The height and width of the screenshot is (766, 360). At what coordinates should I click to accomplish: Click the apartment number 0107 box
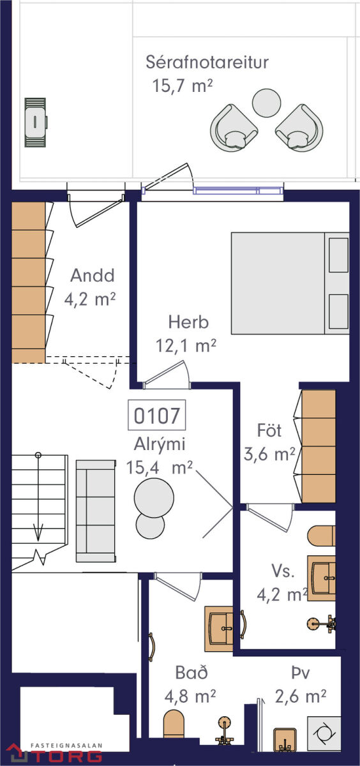click(x=156, y=415)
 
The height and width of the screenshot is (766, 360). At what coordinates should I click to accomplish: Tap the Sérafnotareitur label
click(x=207, y=63)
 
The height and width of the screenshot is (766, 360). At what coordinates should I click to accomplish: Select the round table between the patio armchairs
click(x=266, y=103)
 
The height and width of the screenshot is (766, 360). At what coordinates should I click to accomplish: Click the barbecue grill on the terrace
click(x=36, y=123)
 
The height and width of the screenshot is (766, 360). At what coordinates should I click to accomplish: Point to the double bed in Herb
click(x=290, y=283)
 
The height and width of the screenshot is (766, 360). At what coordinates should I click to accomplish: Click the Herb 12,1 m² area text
click(x=186, y=346)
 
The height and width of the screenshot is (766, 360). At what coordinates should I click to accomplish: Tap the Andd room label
click(x=93, y=275)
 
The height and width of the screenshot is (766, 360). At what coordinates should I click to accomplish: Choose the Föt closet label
click(x=269, y=430)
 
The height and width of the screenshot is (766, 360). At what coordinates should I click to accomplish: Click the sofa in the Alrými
click(x=96, y=511)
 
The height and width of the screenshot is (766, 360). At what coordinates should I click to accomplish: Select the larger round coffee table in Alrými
click(x=154, y=497)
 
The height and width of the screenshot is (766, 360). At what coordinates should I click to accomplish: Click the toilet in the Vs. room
click(x=321, y=536)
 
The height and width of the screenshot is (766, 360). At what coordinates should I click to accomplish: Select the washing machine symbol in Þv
click(x=324, y=733)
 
